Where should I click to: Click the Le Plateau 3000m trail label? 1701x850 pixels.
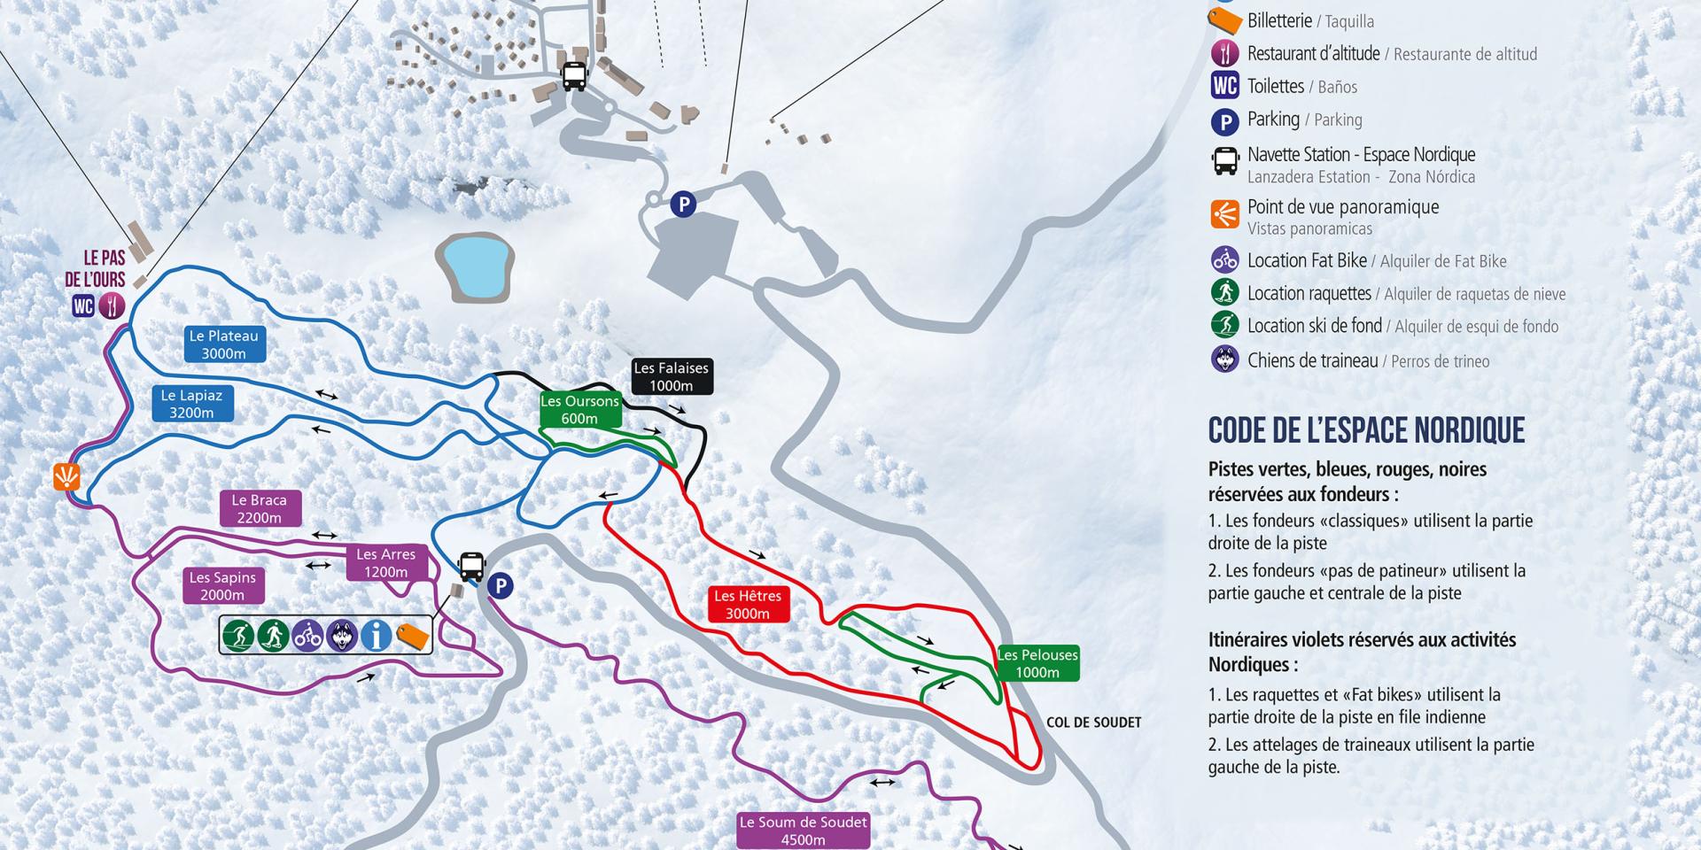pyautogui.click(x=223, y=344)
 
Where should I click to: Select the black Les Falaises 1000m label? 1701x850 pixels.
pyautogui.click(x=671, y=376)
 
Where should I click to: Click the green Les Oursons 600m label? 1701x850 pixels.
pyautogui.click(x=579, y=410)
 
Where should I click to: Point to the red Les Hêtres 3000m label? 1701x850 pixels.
pyautogui.click(x=747, y=605)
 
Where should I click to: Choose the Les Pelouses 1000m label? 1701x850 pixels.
pyautogui.click(x=1037, y=663)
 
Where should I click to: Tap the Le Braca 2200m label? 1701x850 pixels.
pyautogui.click(x=259, y=508)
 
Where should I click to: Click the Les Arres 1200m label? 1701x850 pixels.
pyautogui.click(x=385, y=562)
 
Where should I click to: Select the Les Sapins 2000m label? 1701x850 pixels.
pyautogui.click(x=221, y=585)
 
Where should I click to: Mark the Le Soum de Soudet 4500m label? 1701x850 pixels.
pyautogui.click(x=803, y=831)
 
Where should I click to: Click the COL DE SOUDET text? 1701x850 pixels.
pyautogui.click(x=1093, y=722)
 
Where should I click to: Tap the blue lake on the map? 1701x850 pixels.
pyautogui.click(x=475, y=266)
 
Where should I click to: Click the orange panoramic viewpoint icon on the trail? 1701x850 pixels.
pyautogui.click(x=67, y=476)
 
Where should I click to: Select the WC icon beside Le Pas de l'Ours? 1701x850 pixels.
pyautogui.click(x=83, y=306)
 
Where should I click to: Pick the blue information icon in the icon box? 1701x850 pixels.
pyautogui.click(x=377, y=635)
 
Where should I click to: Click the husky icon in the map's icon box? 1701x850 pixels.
pyautogui.click(x=342, y=635)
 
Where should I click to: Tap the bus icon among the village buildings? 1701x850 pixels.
pyautogui.click(x=574, y=75)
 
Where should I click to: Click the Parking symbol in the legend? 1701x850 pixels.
pyautogui.click(x=1224, y=120)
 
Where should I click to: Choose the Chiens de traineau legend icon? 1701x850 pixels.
pyautogui.click(x=1224, y=359)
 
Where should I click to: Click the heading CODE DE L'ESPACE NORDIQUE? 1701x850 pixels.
pyautogui.click(x=1366, y=430)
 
